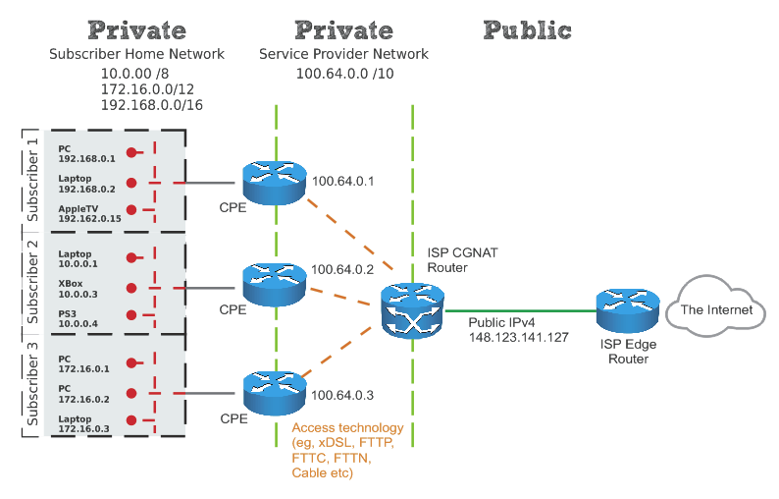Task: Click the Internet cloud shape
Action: point(716,310)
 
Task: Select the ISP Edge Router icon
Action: point(625,311)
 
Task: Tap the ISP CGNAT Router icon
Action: point(411,311)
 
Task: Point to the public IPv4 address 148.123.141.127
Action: point(518,337)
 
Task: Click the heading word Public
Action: point(528,29)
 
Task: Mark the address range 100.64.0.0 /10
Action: point(343,73)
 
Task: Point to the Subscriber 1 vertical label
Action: point(32,177)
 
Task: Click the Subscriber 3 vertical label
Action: point(32,383)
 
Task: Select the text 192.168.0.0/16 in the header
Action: point(151,104)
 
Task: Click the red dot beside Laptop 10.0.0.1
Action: point(130,257)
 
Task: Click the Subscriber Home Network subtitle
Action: point(136,54)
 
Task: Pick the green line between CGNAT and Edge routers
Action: point(520,311)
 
